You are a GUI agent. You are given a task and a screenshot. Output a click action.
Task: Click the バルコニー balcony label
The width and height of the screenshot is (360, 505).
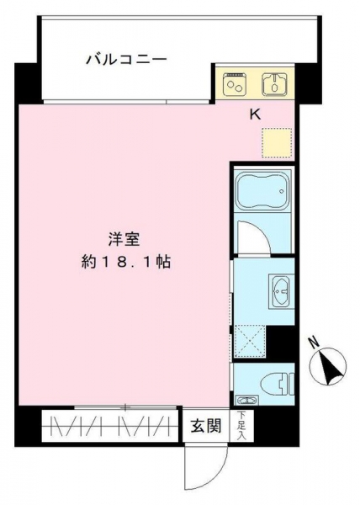[126, 60]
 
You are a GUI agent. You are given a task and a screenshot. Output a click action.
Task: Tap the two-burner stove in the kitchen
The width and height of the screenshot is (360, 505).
[236, 83]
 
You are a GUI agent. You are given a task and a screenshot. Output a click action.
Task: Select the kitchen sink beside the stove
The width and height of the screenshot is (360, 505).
[274, 84]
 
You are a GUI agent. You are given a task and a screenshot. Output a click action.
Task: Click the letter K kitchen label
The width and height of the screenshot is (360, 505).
[256, 114]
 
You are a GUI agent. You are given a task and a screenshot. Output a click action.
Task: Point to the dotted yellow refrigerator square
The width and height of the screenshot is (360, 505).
[277, 143]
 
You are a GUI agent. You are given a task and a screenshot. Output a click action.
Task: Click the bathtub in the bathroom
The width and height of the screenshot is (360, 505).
[263, 190]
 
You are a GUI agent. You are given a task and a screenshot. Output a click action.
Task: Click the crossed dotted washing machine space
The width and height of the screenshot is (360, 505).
[250, 341]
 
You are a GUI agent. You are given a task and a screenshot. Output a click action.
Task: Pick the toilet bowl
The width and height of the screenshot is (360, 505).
[278, 384]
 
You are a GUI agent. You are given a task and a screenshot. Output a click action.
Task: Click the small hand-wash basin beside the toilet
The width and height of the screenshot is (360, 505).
[246, 401]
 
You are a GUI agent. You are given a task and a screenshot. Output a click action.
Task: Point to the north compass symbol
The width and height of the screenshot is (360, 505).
[328, 366]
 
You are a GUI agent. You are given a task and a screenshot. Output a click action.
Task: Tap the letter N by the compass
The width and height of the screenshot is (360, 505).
[314, 342]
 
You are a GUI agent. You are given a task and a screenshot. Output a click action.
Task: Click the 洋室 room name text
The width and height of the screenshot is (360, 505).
[124, 240]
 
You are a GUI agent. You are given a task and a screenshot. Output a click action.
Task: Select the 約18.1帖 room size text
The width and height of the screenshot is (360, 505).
[126, 262]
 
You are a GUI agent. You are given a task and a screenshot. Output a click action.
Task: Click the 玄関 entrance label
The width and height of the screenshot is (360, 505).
[206, 427]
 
